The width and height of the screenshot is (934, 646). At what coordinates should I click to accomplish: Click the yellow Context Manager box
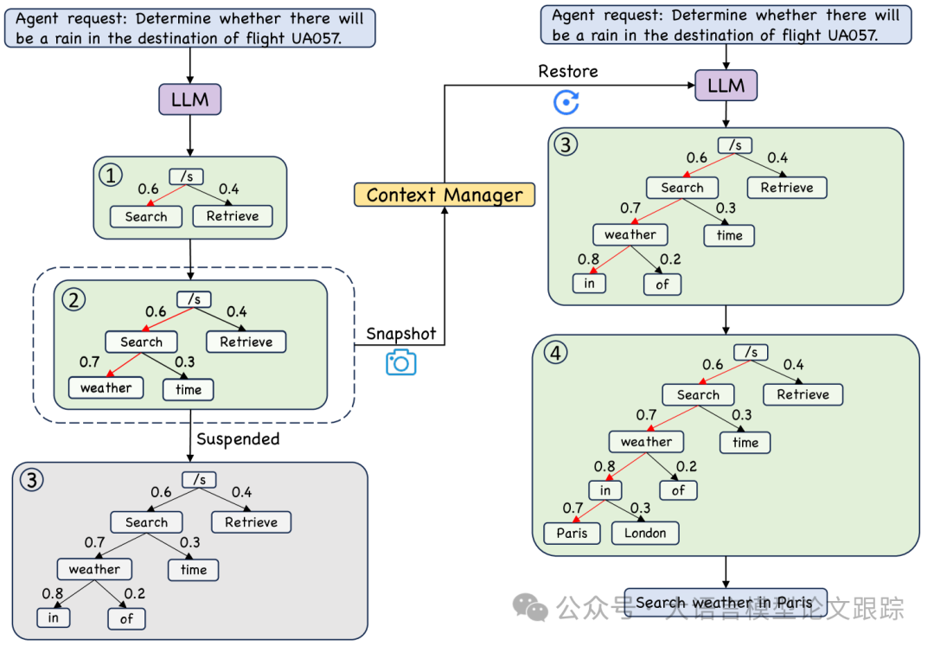coord(445,195)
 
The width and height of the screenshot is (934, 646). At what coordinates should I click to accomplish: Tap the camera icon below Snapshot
coord(400,362)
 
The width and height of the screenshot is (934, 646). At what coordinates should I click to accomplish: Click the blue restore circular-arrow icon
coord(566,103)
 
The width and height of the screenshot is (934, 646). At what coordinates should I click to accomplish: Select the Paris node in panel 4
coord(572,533)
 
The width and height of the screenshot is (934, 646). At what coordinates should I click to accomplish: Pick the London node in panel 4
coord(645,533)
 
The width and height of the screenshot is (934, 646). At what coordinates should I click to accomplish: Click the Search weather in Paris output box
coord(725,603)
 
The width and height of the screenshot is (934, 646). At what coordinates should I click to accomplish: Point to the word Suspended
coord(238,439)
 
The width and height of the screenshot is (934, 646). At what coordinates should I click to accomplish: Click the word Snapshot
coord(401,334)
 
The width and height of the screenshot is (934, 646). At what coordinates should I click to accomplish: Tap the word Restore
coord(568,72)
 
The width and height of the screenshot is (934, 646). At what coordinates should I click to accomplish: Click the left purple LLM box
coord(189,99)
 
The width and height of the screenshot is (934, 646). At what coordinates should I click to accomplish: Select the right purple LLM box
coord(726,86)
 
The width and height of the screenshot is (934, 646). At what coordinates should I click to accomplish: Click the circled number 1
coord(110,176)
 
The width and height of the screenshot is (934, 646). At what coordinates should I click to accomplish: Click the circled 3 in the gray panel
coord(31,480)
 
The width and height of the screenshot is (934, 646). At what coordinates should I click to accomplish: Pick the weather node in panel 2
coord(106,388)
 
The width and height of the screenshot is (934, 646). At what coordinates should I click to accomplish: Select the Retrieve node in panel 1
coord(233,216)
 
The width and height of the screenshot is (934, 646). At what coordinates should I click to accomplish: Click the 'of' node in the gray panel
coord(126,618)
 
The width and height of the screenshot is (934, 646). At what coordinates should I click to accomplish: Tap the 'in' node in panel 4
coord(605,490)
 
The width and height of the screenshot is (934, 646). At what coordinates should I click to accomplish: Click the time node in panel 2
coord(188,389)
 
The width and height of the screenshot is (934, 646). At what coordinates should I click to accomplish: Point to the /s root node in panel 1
coord(186,177)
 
